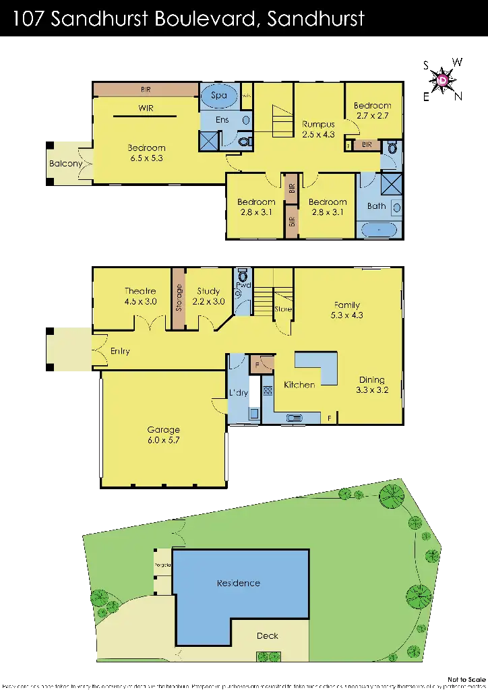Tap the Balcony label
[65, 164]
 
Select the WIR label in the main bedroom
[146, 108]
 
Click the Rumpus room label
[318, 124]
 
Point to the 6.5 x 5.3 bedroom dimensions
[146, 158]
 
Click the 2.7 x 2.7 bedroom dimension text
[373, 116]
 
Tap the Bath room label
[376, 206]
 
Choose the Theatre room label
[140, 291]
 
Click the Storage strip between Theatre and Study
[179, 299]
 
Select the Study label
[209, 291]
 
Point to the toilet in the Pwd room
[243, 277]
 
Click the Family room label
[345, 305]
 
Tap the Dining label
[371, 379]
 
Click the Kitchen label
[299, 385]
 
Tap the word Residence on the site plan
[238, 583]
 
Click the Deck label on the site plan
[268, 635]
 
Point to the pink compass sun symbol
[443, 82]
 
